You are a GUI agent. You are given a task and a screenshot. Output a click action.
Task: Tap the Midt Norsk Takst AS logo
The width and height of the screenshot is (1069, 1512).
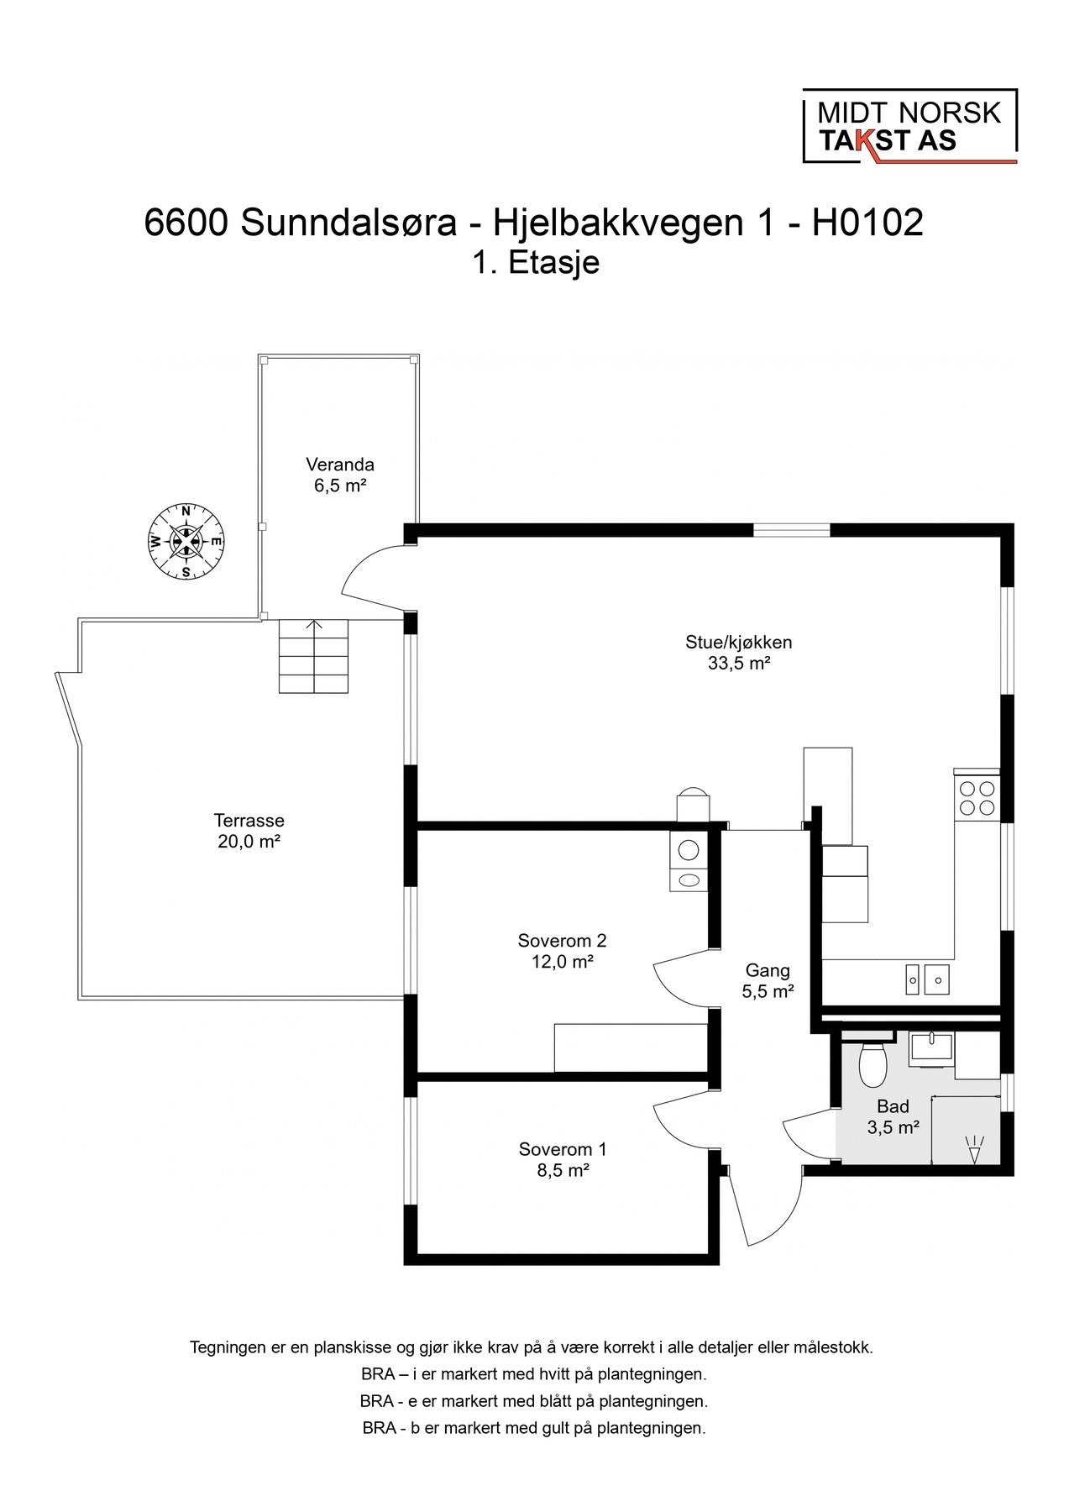pyautogui.click(x=909, y=126)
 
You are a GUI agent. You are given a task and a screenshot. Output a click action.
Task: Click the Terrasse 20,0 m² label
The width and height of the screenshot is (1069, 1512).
pyautogui.click(x=249, y=831)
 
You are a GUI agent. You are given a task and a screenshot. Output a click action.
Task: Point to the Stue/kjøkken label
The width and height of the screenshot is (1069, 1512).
pyautogui.click(x=739, y=653)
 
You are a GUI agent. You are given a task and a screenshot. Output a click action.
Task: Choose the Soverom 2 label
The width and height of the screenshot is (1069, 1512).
pyautogui.click(x=563, y=951)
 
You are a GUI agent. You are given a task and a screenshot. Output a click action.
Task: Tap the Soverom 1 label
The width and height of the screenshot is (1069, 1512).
pyautogui.click(x=563, y=1159)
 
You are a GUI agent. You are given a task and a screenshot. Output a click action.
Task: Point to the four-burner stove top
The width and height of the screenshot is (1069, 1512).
pyautogui.click(x=977, y=798)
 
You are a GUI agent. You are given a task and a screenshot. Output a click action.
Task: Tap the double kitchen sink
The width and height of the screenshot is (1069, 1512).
pyautogui.click(x=927, y=978)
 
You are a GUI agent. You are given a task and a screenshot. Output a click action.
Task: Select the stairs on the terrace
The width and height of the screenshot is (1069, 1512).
pyautogui.click(x=313, y=657)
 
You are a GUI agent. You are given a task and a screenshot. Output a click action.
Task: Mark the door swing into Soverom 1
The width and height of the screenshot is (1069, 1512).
pyautogui.click(x=683, y=1126)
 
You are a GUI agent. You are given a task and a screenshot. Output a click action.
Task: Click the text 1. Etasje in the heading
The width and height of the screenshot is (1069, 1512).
pyautogui.click(x=536, y=263)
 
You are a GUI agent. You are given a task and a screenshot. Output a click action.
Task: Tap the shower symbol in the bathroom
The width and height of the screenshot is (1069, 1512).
pyautogui.click(x=974, y=1148)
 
